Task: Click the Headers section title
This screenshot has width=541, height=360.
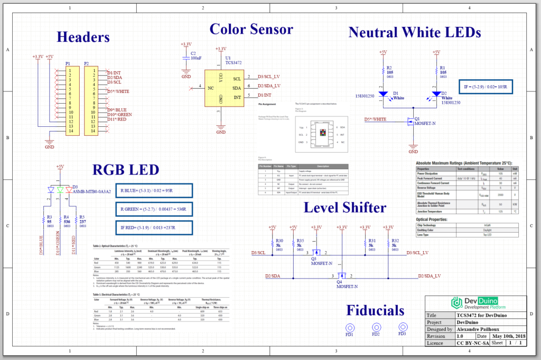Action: click(83, 38)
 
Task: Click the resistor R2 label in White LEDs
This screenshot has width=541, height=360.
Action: click(389, 71)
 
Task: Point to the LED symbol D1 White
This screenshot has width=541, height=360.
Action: click(382, 94)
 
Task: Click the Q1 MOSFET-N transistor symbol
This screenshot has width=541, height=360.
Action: click(409, 122)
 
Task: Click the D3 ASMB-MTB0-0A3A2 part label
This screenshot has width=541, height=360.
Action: click(91, 189)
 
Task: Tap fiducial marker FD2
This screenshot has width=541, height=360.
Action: click(376, 327)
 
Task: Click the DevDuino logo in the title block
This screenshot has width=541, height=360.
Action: click(478, 303)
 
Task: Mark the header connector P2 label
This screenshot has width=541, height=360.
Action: click(87, 63)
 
